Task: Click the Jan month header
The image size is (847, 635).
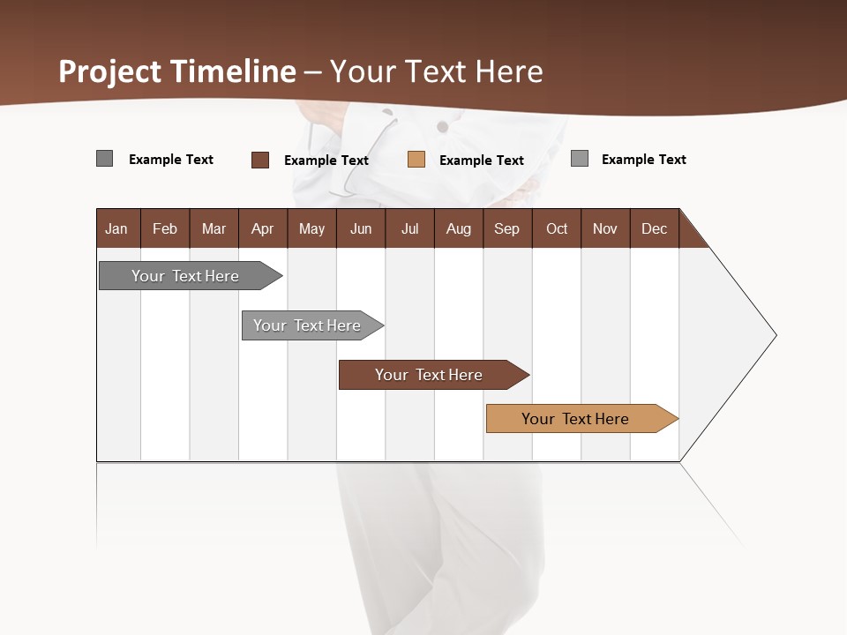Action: tap(116, 228)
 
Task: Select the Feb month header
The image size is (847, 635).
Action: tap(165, 228)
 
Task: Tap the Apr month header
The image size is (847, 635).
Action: tap(262, 228)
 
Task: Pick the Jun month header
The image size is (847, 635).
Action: tap(361, 228)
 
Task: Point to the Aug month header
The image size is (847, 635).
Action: tap(458, 228)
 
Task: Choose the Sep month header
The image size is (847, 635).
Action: tap(506, 228)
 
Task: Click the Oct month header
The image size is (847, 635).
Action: tap(557, 228)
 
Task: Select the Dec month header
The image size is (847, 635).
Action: tap(654, 228)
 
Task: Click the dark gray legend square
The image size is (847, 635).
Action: tap(104, 159)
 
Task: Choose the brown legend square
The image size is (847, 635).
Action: tap(260, 160)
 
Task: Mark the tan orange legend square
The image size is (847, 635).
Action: tap(416, 160)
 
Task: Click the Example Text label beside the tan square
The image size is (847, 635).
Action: tap(481, 160)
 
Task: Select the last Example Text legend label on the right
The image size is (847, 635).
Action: tap(643, 159)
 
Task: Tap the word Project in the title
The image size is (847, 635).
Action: tap(109, 71)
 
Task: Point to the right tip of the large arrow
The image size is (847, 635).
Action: tap(774, 335)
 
